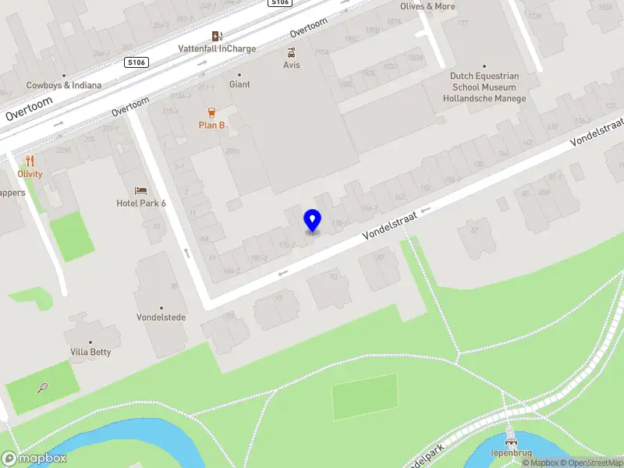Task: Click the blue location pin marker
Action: pos(312,220)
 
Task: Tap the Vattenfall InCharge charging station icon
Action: pos(217,36)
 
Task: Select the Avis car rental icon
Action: pos(292,53)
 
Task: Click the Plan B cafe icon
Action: pos(211,112)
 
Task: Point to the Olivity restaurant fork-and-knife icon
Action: pos(30,161)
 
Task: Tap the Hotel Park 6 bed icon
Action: pos(140,190)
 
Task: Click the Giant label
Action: pos(239,84)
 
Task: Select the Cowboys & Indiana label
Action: pos(64,85)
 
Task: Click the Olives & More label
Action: pos(427,6)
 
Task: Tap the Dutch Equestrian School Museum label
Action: pos(484,82)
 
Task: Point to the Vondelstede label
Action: pos(161,318)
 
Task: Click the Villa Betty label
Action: pos(90,352)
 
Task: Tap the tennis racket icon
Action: pos(43,386)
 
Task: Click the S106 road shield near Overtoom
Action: pos(136,62)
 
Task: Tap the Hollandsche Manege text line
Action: pos(484,99)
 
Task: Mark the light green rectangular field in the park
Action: pos(364,397)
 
